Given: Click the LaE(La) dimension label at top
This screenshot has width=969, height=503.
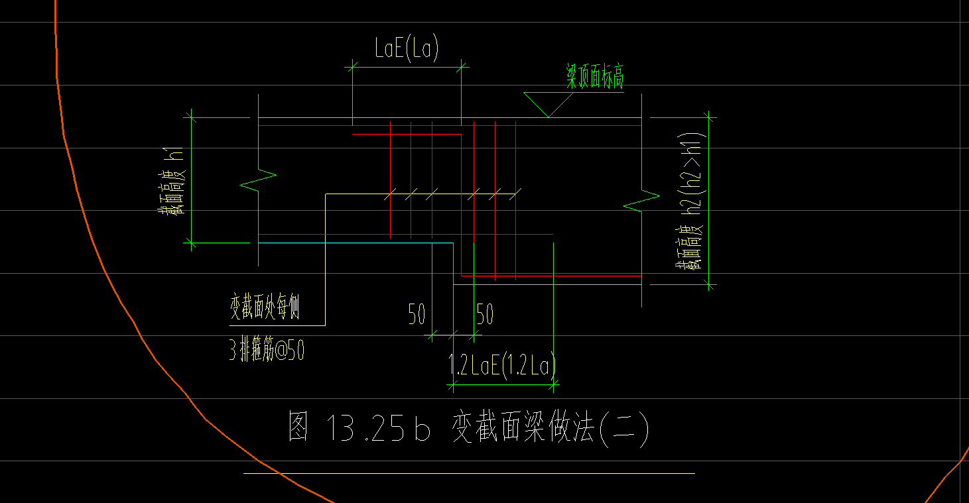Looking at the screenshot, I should point(407,49).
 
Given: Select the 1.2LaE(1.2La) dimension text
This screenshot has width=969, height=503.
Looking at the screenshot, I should point(502,366).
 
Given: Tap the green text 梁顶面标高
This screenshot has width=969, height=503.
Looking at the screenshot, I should point(594,78).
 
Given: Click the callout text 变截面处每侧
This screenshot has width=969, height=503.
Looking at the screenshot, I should point(265,308).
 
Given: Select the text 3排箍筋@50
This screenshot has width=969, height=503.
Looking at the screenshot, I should point(267,351).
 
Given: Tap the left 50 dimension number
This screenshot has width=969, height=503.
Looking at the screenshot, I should point(417,315).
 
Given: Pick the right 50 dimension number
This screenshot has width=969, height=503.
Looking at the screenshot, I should point(485,315).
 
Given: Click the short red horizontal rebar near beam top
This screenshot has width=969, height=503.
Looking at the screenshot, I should point(407,135).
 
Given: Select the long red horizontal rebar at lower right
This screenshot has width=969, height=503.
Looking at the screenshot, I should point(550,276).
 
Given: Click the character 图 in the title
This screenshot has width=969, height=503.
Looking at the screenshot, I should point(299,427).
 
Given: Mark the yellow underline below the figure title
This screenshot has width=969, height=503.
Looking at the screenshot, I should point(469,473).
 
